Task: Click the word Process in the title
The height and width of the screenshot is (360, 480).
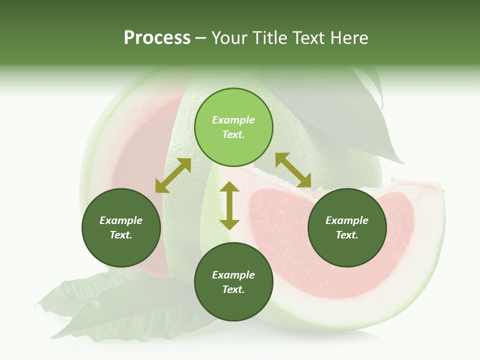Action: (x=157, y=38)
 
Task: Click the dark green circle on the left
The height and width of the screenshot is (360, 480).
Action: (x=121, y=227)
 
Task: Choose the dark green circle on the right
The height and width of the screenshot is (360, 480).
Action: (x=347, y=227)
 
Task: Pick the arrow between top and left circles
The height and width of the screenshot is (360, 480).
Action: (x=173, y=175)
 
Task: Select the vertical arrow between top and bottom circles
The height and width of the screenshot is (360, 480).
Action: (x=229, y=205)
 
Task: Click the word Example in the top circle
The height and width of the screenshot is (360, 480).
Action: (x=233, y=120)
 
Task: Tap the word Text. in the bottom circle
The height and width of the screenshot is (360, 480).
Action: (x=233, y=289)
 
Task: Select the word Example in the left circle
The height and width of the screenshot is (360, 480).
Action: (x=121, y=220)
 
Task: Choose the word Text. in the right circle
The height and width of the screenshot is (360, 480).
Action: (x=347, y=235)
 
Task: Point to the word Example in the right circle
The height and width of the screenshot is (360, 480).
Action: (x=347, y=220)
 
